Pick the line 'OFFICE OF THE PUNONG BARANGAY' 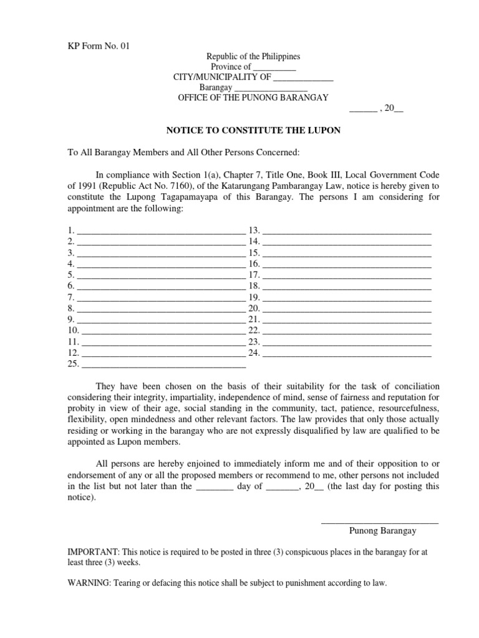coord(253,98)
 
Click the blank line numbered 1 coord(161,232)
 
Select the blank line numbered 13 coord(347,232)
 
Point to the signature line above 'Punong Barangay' coord(379,522)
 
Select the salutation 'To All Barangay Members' coord(119,153)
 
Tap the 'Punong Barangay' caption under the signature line coord(382,531)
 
